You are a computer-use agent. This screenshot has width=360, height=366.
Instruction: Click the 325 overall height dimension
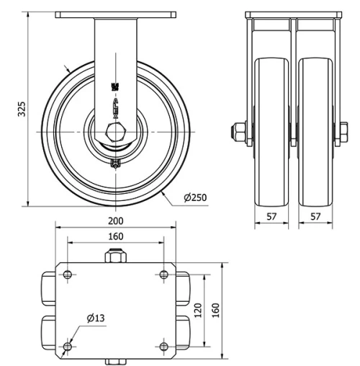pyautogui.click(x=22, y=108)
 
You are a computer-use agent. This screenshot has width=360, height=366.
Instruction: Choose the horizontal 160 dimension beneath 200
pyautogui.click(x=115, y=236)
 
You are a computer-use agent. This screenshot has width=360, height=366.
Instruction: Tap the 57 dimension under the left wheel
pyautogui.click(x=271, y=215)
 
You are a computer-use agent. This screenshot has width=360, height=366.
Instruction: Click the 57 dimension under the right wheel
pyautogui.click(x=315, y=215)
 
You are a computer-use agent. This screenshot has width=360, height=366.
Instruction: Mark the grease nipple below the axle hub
pyautogui.click(x=115, y=164)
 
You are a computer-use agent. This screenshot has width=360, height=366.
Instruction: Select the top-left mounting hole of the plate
pyautogui.click(x=67, y=274)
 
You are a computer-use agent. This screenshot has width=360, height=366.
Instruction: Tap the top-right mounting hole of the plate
pyautogui.click(x=163, y=274)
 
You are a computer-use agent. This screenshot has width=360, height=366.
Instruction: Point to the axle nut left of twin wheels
pyautogui.click(x=238, y=132)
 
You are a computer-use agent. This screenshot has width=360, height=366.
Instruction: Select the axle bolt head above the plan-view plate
pyautogui.click(x=115, y=256)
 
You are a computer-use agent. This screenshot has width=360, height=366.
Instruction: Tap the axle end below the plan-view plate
pyautogui.click(x=115, y=361)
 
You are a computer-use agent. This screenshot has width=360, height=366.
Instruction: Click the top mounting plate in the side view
pyautogui.click(x=115, y=15)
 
